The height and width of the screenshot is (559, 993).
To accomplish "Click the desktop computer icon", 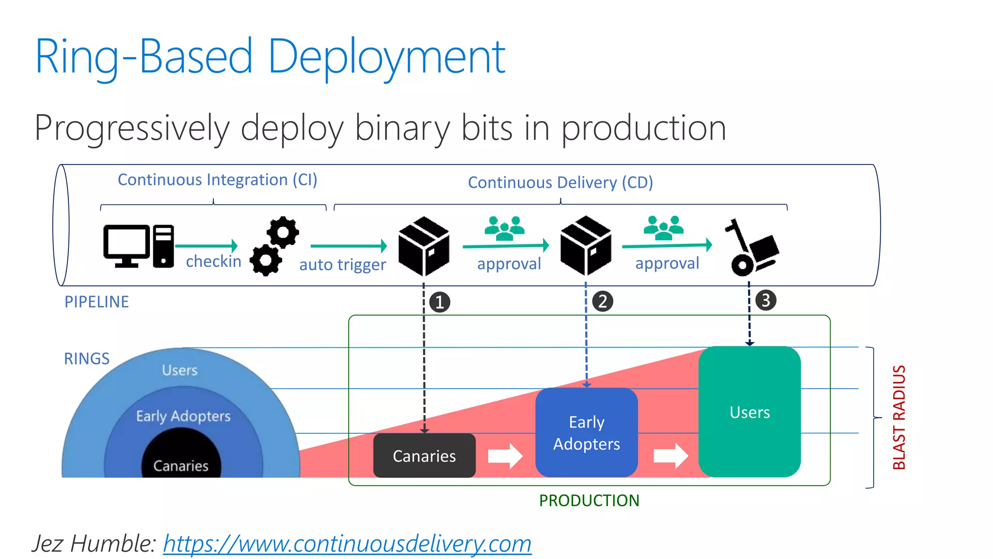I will [138, 246].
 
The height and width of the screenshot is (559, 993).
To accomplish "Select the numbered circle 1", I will [440, 302].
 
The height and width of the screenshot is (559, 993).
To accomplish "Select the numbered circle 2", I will [603, 301].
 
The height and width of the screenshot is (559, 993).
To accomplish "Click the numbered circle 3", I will [766, 300].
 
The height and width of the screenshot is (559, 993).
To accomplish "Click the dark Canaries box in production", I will [424, 456].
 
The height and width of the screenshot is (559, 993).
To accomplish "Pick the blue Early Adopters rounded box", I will [586, 432].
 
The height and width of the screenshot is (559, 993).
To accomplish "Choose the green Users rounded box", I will [749, 412].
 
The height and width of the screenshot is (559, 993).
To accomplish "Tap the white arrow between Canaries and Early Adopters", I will [505, 456].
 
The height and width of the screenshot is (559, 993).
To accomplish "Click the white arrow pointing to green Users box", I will [671, 456].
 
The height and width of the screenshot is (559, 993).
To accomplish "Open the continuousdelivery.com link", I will [347, 543].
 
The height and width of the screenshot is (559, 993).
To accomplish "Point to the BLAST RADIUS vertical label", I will [899, 417].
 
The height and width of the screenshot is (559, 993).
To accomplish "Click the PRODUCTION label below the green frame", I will [589, 500].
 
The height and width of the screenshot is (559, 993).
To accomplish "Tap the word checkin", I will [213, 262].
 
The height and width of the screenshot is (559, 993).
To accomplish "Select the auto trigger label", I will [342, 265].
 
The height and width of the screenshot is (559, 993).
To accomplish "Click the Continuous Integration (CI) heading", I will [217, 180].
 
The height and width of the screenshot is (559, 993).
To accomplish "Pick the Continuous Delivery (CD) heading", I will [561, 183].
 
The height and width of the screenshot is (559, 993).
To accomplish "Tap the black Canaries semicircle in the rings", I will [181, 459].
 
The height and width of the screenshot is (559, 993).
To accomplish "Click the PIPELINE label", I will [96, 302].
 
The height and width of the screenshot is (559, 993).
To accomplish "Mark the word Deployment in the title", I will [386, 57].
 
